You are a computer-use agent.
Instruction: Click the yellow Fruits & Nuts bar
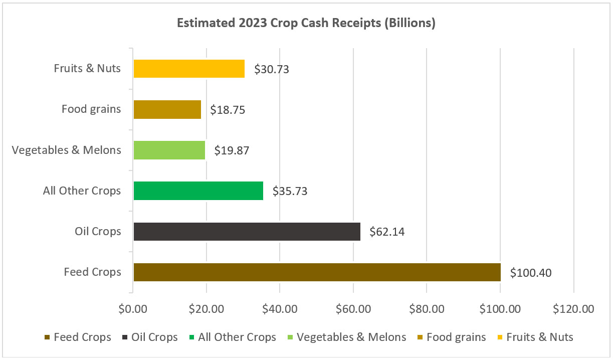tap(189, 69)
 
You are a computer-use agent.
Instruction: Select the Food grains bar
tap(167, 109)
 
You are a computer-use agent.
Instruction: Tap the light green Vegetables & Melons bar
tap(169, 150)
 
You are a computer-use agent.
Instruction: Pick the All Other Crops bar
tap(198, 191)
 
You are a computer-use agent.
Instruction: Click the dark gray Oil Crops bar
tap(247, 232)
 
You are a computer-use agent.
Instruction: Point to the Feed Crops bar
tap(317, 272)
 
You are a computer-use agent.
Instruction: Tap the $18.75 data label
tap(228, 109)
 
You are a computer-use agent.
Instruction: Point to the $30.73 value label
tap(272, 69)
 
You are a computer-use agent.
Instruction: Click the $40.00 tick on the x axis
tap(280, 309)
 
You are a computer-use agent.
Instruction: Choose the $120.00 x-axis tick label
tap(573, 309)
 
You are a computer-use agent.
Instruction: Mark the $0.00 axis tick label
tap(133, 309)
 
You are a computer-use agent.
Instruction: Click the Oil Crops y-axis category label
tap(98, 232)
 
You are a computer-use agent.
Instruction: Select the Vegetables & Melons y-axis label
tap(67, 150)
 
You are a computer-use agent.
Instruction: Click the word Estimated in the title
tap(201, 24)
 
